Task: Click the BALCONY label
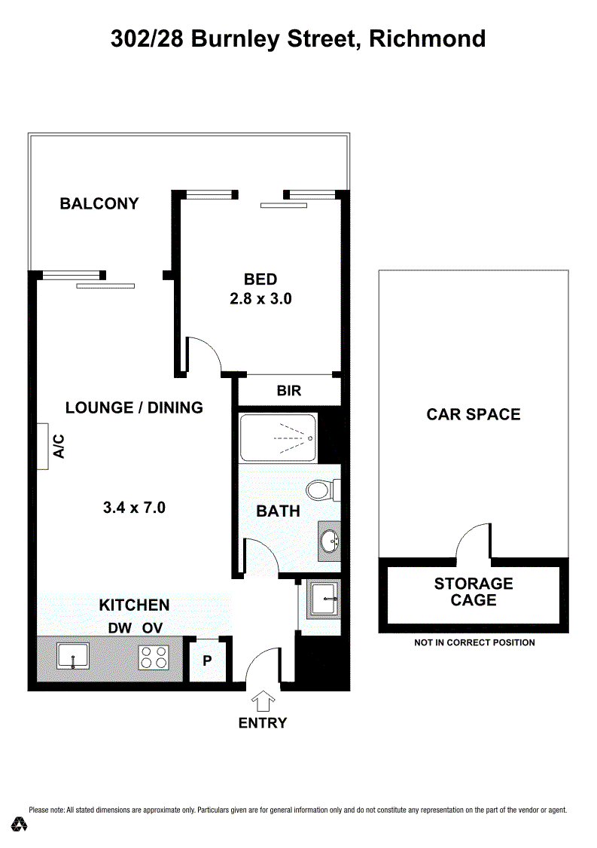[99, 203]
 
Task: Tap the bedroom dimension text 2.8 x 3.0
[260, 298]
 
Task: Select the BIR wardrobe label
[289, 390]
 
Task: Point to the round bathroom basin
[329, 540]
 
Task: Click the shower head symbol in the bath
[311, 438]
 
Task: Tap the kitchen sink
[73, 657]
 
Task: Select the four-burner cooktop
[154, 657]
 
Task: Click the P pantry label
[207, 660]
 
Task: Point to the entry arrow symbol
[263, 701]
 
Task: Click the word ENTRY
[263, 723]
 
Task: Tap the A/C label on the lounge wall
[59, 446]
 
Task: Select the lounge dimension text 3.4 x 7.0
[134, 508]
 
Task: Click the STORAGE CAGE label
[474, 592]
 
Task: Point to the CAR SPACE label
[474, 414]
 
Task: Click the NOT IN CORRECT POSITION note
[475, 642]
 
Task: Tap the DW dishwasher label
[120, 628]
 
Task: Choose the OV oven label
[153, 628]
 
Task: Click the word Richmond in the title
[427, 39]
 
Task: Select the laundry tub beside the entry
[323, 599]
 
